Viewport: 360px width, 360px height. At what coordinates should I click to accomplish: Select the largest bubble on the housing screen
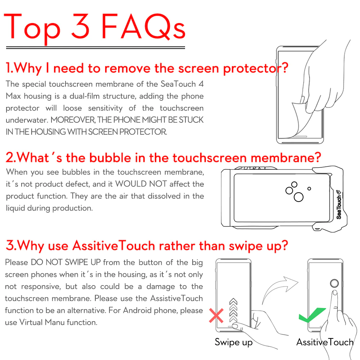click(x=298, y=197)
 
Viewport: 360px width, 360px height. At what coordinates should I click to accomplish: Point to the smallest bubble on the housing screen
click(x=309, y=188)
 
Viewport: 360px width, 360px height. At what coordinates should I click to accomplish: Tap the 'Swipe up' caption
click(x=233, y=342)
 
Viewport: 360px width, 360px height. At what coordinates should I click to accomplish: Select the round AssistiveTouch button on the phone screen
click(x=334, y=283)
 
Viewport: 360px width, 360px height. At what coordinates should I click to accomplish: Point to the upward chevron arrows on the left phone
click(x=234, y=310)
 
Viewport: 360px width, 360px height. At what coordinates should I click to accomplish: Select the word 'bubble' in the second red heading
click(x=109, y=158)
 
